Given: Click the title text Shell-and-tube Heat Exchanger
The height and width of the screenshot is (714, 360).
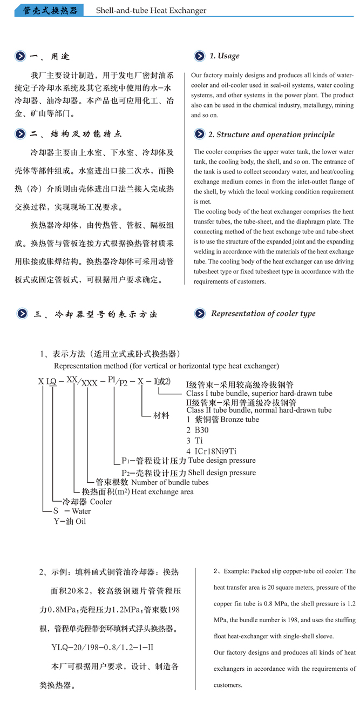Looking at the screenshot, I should (151, 10).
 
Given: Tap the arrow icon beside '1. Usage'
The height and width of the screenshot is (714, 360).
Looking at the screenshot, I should (199, 56).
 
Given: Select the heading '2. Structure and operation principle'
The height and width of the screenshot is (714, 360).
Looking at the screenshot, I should (271, 134).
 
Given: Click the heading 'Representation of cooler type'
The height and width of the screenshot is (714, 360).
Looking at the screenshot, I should (263, 313).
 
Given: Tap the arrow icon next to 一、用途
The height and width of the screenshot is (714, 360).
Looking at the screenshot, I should (20, 56).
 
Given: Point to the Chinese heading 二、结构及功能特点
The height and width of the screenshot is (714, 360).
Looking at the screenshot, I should (76, 134).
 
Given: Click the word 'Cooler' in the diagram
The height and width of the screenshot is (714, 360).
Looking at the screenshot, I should (101, 502).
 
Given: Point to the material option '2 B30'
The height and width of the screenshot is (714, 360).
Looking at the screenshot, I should (197, 430).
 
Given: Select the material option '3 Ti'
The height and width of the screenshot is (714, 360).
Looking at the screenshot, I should (194, 440).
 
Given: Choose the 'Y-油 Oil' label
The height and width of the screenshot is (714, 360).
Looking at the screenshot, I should (70, 521).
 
